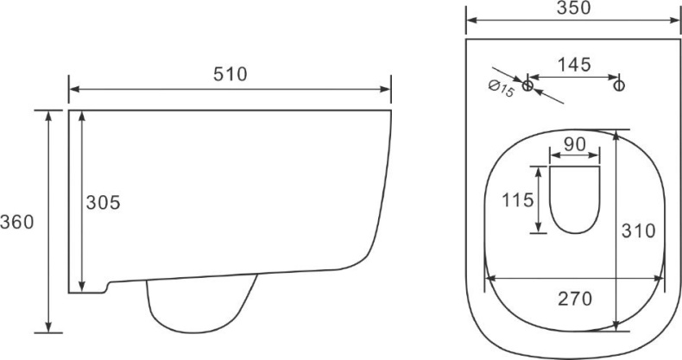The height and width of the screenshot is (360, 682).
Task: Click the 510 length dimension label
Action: point(230,74)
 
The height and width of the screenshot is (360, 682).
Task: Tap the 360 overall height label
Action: point(17,222)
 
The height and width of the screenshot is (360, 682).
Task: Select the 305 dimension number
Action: point(103,203)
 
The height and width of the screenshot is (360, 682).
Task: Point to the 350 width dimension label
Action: point(574,8)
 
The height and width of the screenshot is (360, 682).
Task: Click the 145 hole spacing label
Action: point(574,65)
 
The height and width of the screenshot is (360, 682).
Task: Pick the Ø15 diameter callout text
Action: point(502,89)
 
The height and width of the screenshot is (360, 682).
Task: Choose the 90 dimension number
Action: point(575,145)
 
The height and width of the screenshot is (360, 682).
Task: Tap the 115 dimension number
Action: point(518,200)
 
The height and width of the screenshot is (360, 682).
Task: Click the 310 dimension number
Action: point(638,231)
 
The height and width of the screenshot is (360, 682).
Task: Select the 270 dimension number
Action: point(575,299)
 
